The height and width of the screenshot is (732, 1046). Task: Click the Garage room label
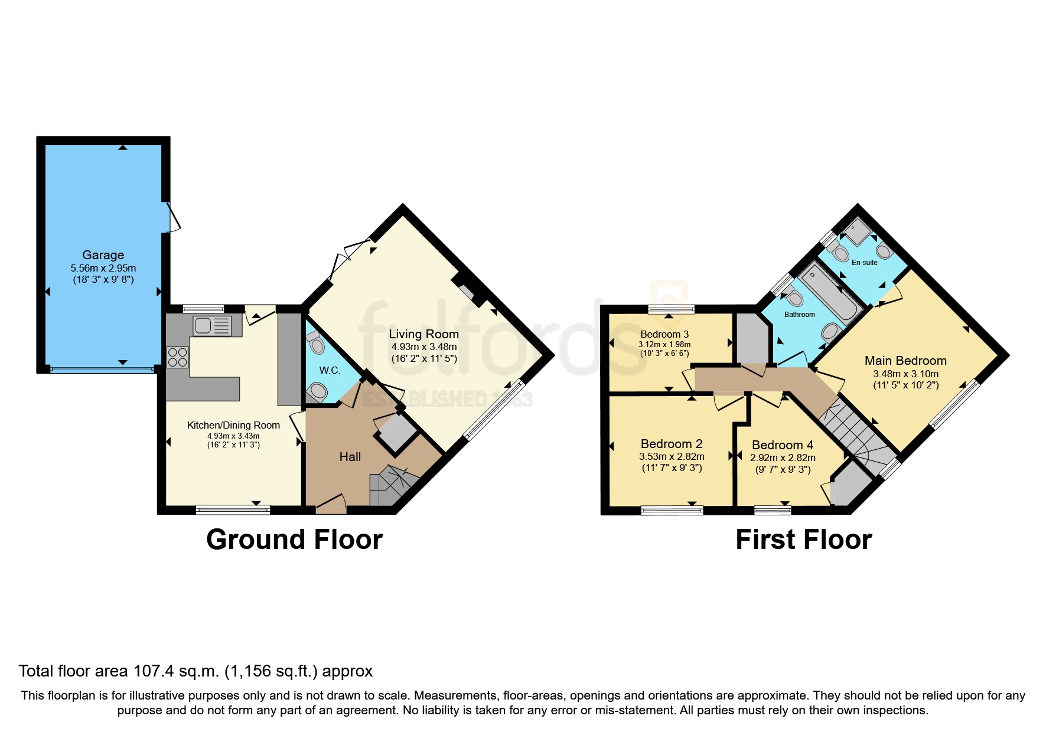pyautogui.click(x=103, y=255)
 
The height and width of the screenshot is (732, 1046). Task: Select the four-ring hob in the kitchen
pyautogui.click(x=177, y=357)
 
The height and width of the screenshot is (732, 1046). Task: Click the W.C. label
pyautogui.click(x=330, y=370)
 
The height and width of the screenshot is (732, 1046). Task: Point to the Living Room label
pyautogui.click(x=423, y=334)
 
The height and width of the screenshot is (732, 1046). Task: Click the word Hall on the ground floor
pyautogui.click(x=350, y=457)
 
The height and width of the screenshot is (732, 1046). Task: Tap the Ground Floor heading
pyautogui.click(x=294, y=540)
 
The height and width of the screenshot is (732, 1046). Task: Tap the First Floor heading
pyautogui.click(x=803, y=540)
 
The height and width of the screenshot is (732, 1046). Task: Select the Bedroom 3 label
pyautogui.click(x=664, y=334)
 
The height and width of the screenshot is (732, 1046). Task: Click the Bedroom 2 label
pyautogui.click(x=672, y=444)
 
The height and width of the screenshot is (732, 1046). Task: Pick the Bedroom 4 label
pyautogui.click(x=782, y=445)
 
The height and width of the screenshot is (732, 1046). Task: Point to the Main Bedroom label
pyautogui.click(x=905, y=361)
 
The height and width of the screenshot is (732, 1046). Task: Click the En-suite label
pyautogui.click(x=864, y=263)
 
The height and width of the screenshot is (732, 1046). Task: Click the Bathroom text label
pyautogui.click(x=799, y=315)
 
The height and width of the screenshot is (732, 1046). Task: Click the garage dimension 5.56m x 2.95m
pyautogui.click(x=103, y=268)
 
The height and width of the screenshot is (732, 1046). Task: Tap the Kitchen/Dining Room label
pyautogui.click(x=233, y=425)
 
